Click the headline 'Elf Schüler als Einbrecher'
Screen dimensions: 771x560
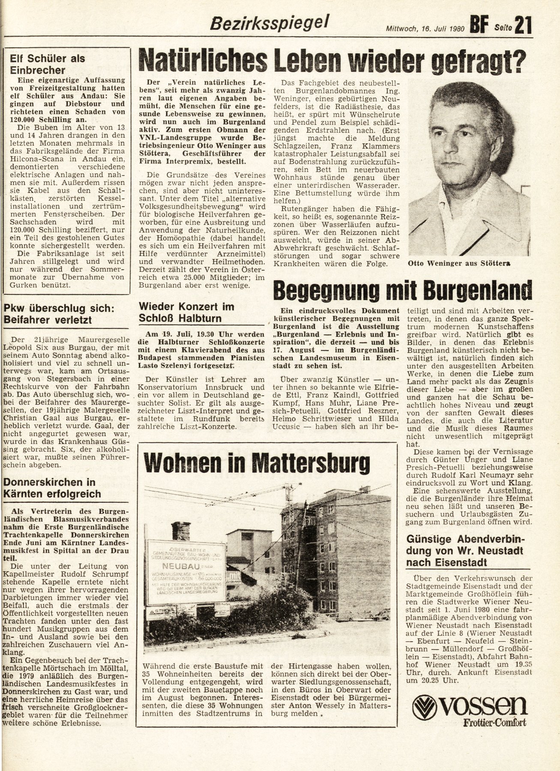click(x=47, y=64)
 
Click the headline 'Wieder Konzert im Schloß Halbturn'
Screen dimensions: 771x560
click(x=186, y=312)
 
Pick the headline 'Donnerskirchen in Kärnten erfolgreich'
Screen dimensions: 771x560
click(x=52, y=488)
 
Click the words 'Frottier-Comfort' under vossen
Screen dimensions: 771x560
click(x=494, y=723)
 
